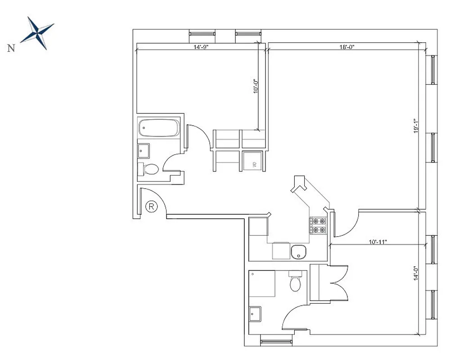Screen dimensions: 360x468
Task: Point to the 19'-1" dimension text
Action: [x=417, y=126]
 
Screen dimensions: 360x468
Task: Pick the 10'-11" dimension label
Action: [x=378, y=242]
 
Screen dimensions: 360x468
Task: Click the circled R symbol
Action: [x=152, y=207]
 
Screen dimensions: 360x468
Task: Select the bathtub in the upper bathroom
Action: [x=158, y=128]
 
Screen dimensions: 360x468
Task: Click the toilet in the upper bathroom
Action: [x=149, y=169]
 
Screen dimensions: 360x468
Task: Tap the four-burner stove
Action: [x=318, y=225]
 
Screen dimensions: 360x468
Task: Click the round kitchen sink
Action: [x=298, y=252]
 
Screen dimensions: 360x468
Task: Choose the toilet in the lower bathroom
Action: [x=295, y=282]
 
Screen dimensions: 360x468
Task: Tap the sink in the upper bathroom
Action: [x=144, y=150]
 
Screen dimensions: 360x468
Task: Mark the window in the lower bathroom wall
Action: [x=274, y=342]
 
